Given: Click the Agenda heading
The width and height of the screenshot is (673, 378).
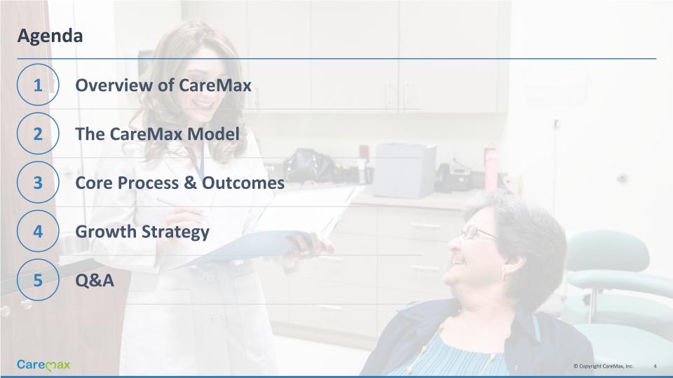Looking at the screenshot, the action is [50, 36].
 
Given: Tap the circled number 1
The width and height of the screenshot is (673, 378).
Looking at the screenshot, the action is [38, 85].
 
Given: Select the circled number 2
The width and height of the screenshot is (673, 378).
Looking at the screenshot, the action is [38, 133].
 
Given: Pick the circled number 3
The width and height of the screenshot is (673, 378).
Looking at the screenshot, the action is [38, 182].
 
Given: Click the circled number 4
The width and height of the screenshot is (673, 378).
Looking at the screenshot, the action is [38, 231].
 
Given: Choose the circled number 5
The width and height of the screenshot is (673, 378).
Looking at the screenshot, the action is [38, 280].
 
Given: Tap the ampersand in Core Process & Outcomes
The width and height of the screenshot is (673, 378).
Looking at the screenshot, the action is [190, 183].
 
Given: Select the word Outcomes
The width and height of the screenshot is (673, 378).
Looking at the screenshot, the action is [243, 183].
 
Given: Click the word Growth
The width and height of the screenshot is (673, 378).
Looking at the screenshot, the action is [106, 232].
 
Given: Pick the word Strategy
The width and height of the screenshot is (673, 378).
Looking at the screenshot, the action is [175, 232].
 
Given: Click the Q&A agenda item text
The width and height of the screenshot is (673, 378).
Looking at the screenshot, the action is [95, 281].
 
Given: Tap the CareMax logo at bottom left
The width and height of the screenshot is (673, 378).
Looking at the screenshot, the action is [43, 365].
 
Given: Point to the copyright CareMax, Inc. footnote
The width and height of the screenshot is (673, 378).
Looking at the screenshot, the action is [603, 366].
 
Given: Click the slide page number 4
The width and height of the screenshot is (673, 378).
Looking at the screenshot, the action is [655, 366].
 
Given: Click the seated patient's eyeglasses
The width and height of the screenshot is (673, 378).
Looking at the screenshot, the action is [477, 232].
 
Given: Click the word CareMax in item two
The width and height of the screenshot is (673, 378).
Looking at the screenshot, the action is [146, 134].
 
